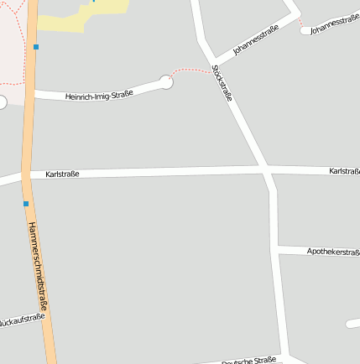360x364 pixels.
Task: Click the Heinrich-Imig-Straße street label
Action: tap(99, 95)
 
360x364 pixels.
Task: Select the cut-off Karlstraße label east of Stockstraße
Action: tap(345, 171)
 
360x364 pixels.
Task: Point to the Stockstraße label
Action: tap(222, 83)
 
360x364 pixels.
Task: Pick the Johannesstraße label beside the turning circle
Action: tap(334, 24)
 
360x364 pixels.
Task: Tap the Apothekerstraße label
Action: tap(332, 251)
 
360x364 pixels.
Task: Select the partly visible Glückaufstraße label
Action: tap(22, 320)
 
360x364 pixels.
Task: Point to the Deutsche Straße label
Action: tap(249, 360)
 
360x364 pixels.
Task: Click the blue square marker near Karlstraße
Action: tap(26, 204)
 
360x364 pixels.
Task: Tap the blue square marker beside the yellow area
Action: tap(36, 47)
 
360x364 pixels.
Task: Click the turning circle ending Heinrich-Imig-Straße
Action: tap(166, 82)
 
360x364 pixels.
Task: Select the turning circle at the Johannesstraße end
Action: tap(305, 31)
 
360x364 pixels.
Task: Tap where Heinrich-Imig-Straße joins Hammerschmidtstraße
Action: tap(31, 91)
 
